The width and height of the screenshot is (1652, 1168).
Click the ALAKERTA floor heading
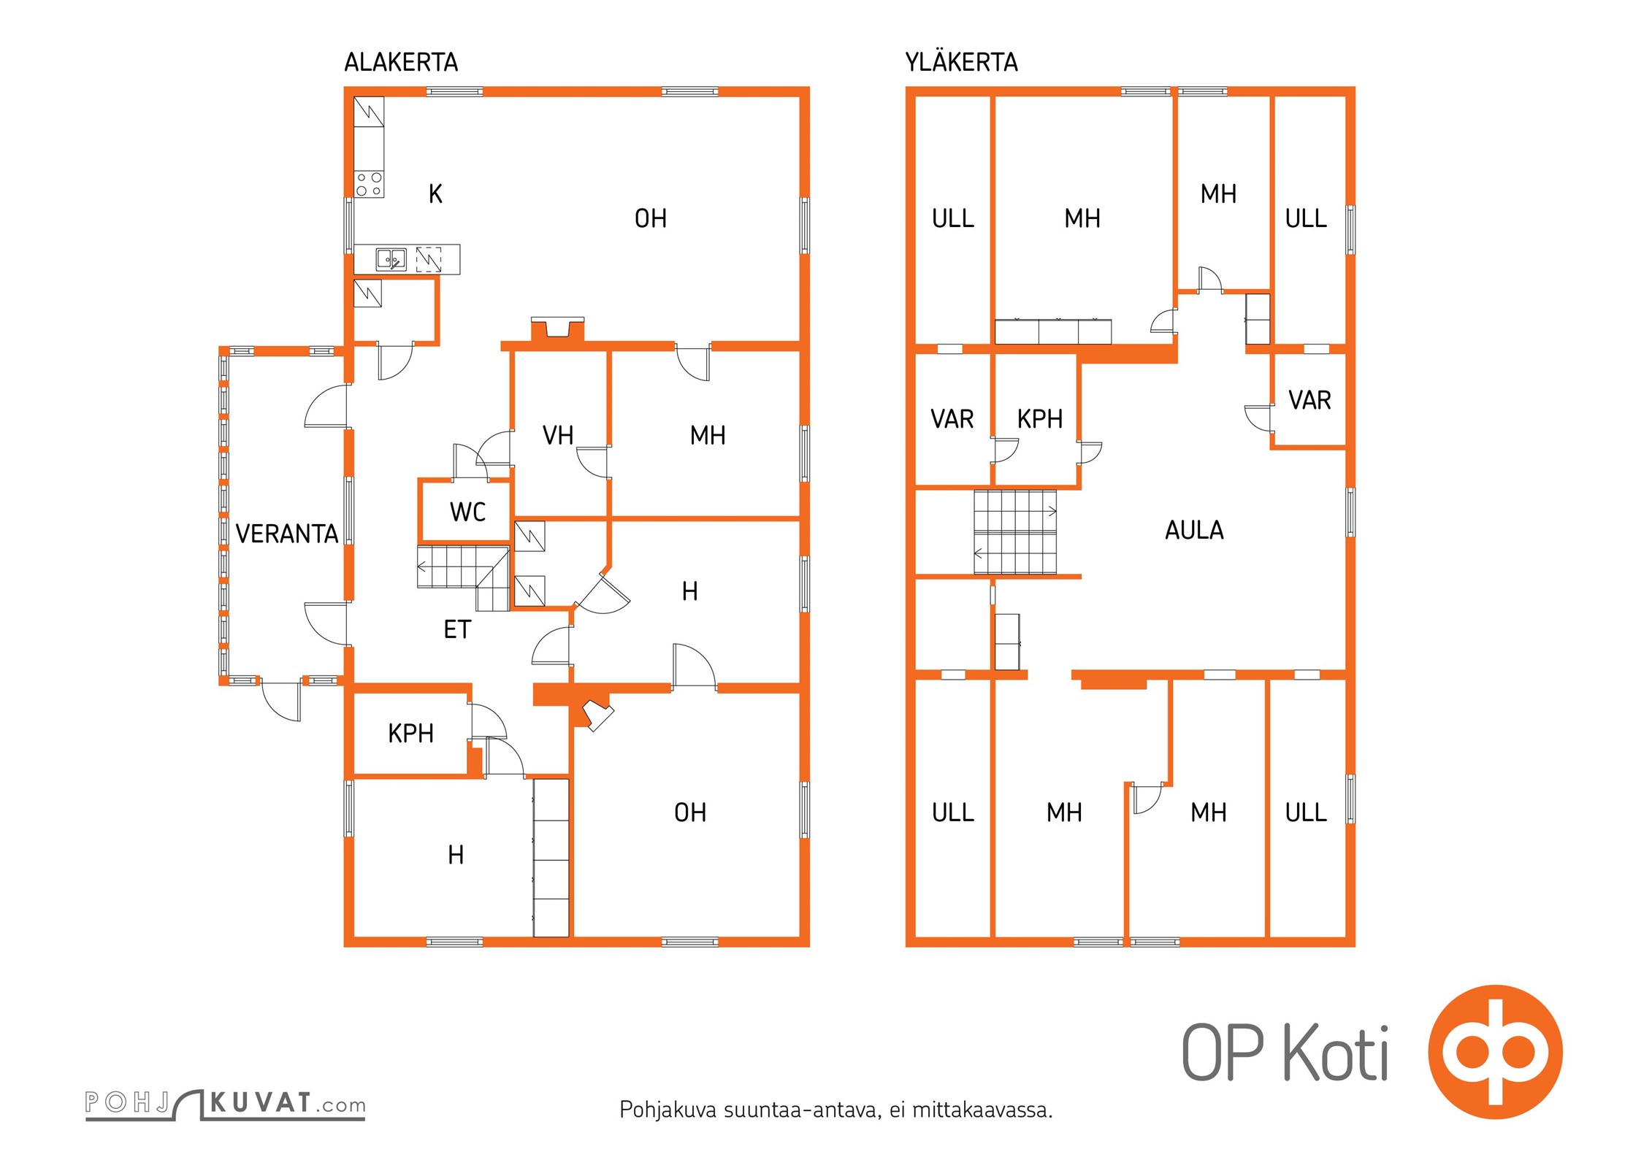(401, 63)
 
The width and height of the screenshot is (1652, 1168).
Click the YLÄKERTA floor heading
(961, 63)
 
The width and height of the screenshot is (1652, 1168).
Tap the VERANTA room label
(287, 534)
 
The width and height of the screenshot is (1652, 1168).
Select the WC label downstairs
(467, 512)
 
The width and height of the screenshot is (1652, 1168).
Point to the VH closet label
(558, 436)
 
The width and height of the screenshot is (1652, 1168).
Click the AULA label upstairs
(1194, 531)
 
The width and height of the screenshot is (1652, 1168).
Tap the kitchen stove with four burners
(369, 184)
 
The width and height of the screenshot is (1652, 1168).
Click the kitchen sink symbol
(391, 259)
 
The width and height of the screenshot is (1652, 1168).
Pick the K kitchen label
(435, 194)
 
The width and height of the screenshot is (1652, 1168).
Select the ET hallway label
(457, 630)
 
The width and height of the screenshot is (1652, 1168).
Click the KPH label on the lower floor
(410, 734)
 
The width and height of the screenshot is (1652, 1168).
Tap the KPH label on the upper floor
(1039, 420)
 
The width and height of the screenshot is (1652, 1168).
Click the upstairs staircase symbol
(1015, 532)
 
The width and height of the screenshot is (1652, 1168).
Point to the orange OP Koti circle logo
(1495, 1052)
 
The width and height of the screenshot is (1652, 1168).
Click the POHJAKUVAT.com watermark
(225, 1104)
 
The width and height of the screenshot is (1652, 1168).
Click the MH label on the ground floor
(707, 436)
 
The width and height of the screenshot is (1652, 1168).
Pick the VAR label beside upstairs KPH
(952, 420)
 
